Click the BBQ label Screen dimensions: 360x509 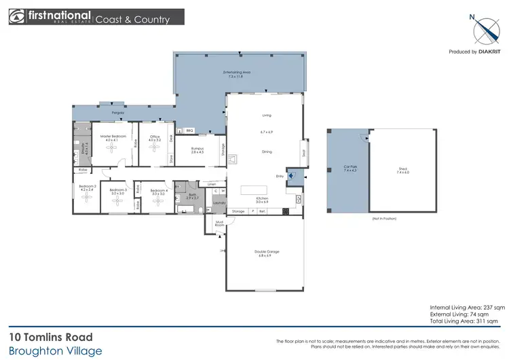(189, 130)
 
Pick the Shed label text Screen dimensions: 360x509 (402, 170)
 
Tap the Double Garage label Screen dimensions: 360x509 (267, 252)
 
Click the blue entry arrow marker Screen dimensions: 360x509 (292, 177)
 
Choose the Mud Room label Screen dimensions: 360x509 (220, 223)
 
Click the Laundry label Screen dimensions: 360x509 (219, 202)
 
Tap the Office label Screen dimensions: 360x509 (154, 137)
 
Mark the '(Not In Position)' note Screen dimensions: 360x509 (383, 219)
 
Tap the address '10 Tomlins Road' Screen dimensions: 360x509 (51, 337)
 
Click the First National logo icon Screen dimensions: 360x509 (18, 16)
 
